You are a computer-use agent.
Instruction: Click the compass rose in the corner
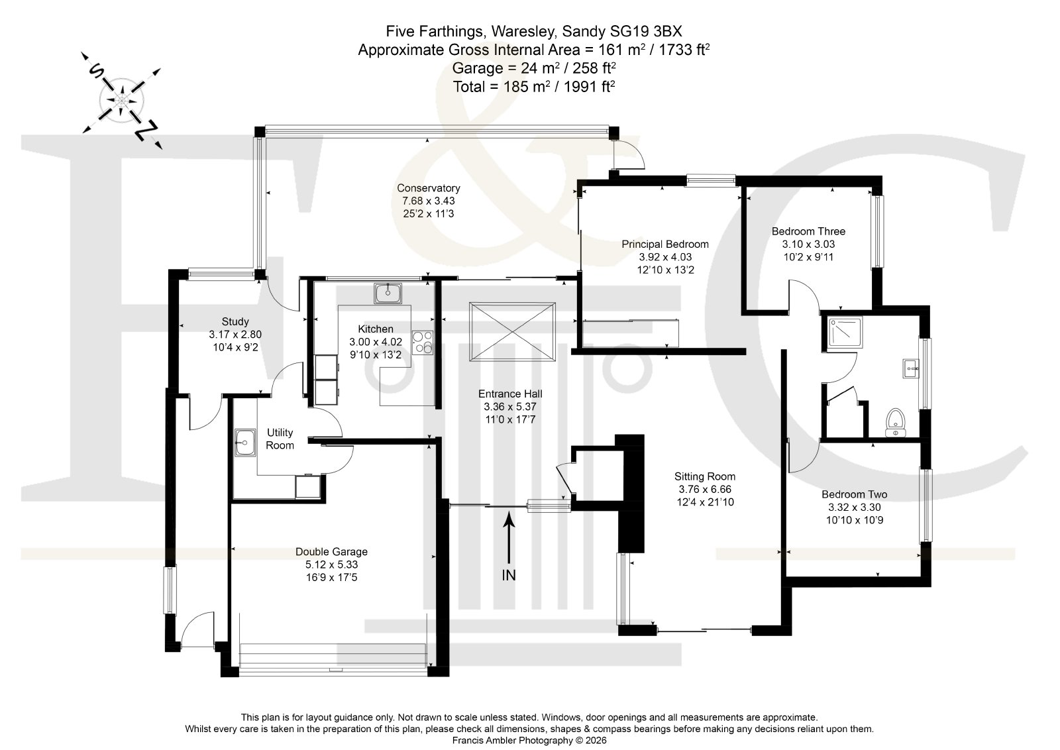pos(122,100)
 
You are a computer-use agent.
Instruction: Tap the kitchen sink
pos(388,294)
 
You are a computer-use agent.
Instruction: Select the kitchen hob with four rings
pos(422,343)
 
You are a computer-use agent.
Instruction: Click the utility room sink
pos(245,443)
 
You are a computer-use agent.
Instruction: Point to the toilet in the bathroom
pos(895,423)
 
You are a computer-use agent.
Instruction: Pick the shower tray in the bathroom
pos(845,333)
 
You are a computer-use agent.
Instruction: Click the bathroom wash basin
pos(912,368)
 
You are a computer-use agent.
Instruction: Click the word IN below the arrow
pos(509,575)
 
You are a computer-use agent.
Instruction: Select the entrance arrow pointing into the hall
pos(509,537)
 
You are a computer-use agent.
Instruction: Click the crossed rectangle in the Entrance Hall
pos(512,332)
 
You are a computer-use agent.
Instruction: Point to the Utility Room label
pos(280,439)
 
